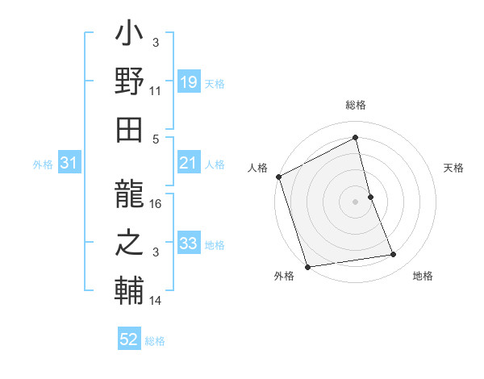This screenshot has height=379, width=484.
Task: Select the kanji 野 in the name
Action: tap(129, 82)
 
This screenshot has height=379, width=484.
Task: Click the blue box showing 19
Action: tap(188, 82)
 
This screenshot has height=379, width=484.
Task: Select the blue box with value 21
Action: tap(188, 164)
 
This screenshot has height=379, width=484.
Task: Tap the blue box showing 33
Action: tap(188, 244)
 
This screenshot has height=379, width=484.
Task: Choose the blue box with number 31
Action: tap(69, 164)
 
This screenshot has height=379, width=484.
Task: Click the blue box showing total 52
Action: tap(129, 339)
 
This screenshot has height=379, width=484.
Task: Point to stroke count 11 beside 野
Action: tap(156, 91)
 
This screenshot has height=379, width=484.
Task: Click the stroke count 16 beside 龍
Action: tap(156, 204)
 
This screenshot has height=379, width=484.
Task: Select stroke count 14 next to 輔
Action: tap(156, 301)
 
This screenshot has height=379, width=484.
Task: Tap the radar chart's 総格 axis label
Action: tap(356, 106)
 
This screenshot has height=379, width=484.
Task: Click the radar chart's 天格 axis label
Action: tap(453, 169)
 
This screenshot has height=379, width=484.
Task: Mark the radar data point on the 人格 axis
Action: tap(278, 177)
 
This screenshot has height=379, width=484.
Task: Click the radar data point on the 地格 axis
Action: tap(394, 255)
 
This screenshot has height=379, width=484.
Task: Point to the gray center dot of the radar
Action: tap(355, 202)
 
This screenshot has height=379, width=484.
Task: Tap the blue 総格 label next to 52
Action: tap(155, 341)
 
